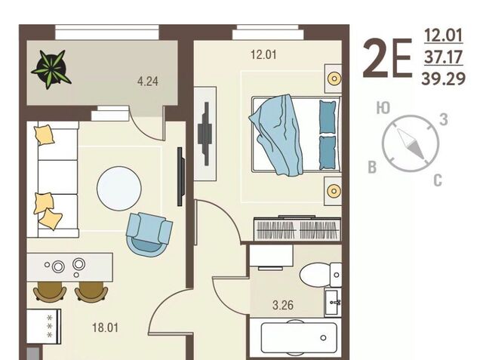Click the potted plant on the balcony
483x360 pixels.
(51, 69)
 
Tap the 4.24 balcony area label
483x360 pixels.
(148, 82)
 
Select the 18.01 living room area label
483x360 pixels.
(106, 328)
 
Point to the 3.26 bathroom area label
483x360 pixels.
(283, 305)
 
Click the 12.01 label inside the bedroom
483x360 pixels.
(263, 55)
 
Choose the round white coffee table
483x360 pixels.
(119, 189)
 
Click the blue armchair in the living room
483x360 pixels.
(149, 233)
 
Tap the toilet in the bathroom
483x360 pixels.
(320, 275)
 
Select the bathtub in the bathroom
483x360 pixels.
(299, 337)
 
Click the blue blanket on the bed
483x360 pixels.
(277, 134)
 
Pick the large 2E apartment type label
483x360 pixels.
(387, 59)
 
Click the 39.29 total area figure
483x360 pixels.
(443, 78)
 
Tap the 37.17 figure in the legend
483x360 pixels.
(444, 57)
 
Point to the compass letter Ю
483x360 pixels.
(383, 108)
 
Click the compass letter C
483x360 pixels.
(438, 180)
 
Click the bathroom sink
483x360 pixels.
(334, 303)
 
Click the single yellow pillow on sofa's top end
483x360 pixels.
(45, 135)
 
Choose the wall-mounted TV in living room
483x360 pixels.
(180, 177)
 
